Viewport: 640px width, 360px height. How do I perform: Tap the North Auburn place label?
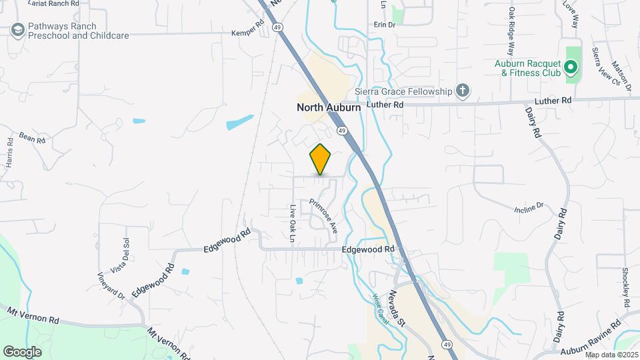pyautogui.click(x=329, y=107)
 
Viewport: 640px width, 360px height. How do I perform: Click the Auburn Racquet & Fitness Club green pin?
pyautogui.click(x=570, y=67)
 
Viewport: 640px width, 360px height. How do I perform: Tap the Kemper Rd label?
pyautogui.click(x=243, y=32)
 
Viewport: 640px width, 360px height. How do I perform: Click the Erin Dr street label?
pyautogui.click(x=385, y=24)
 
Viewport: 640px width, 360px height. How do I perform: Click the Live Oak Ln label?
pyautogui.click(x=292, y=222)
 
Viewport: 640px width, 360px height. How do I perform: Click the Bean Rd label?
pyautogui.click(x=31, y=137)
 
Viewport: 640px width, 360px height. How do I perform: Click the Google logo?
pyautogui.click(x=22, y=351)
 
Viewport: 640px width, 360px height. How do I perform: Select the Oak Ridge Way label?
pyautogui.click(x=512, y=31)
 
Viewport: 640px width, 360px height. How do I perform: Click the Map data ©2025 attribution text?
pyautogui.click(x=611, y=355)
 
